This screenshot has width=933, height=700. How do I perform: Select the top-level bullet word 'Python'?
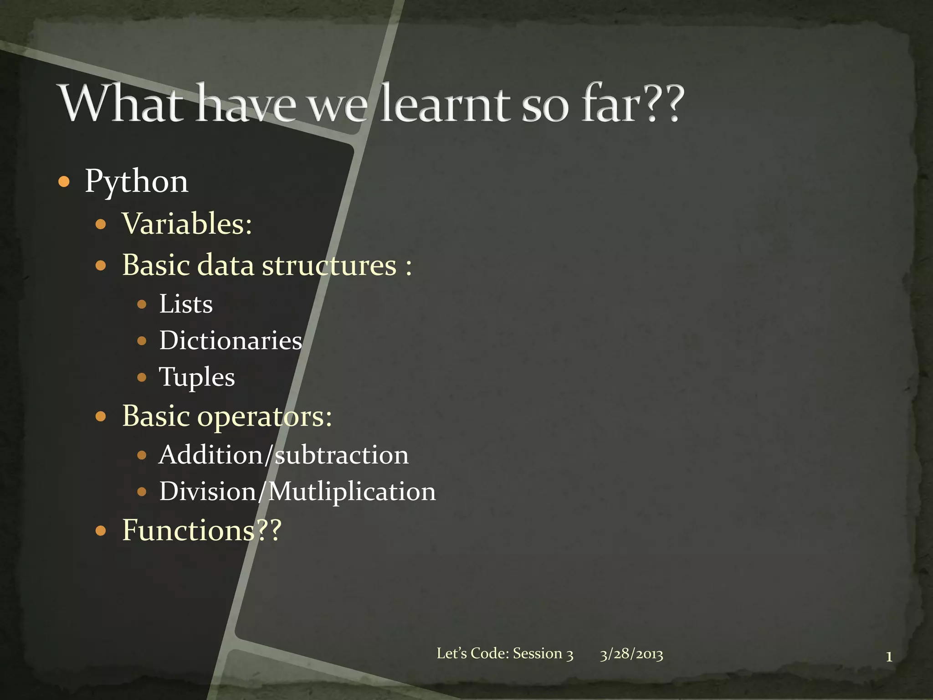137,181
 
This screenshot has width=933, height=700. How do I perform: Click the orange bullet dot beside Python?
64,182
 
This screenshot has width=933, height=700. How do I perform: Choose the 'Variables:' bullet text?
187,224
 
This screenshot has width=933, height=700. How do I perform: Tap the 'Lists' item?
186,304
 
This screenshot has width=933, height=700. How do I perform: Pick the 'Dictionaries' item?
231,340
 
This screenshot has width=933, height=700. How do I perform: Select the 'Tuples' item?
197,377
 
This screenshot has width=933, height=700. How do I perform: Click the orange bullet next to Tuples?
142,377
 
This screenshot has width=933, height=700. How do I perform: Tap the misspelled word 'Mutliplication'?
352,491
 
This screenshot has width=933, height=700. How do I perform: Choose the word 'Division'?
208,491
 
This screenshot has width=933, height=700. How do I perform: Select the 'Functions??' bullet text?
202,530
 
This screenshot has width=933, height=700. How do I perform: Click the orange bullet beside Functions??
101,531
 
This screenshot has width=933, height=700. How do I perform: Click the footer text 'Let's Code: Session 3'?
505,654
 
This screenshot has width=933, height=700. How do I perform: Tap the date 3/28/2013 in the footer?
631,654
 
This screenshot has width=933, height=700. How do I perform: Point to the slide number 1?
888,657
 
